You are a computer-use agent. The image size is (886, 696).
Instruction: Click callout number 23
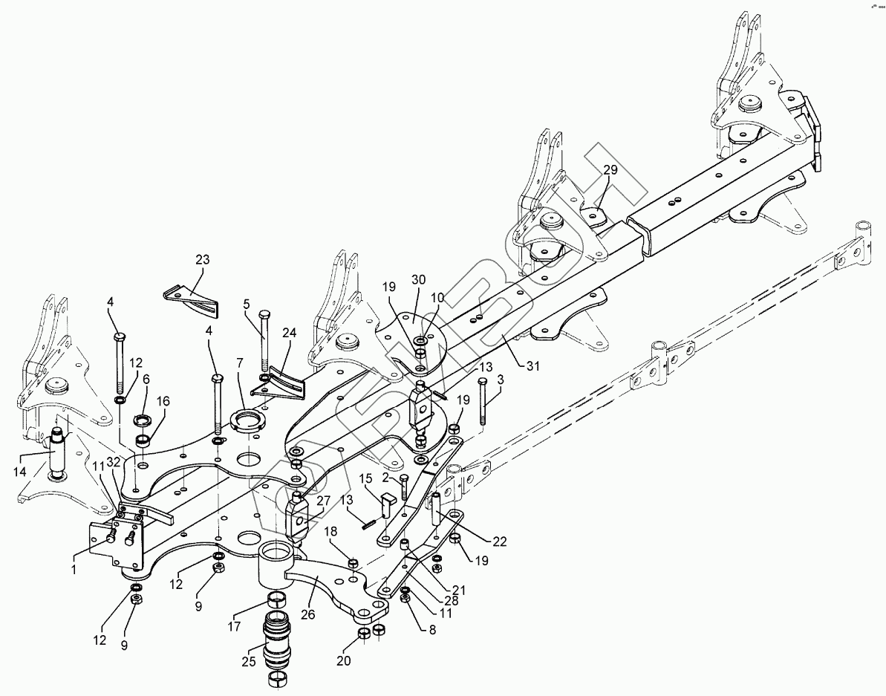[202, 259]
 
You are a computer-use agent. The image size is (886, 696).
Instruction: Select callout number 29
[610, 170]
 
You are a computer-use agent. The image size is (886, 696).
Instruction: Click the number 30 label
[418, 280]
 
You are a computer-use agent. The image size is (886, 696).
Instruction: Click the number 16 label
[162, 401]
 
